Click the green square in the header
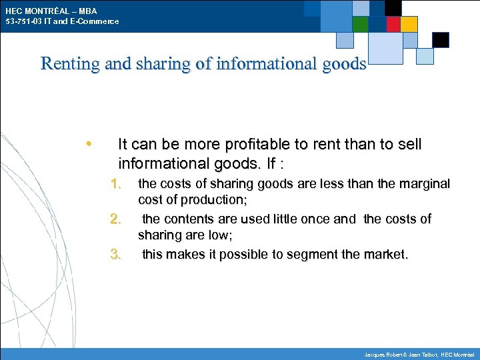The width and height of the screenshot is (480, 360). (361, 24)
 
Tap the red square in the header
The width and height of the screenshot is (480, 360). (393, 24)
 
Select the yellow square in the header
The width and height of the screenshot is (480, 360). (409, 24)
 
